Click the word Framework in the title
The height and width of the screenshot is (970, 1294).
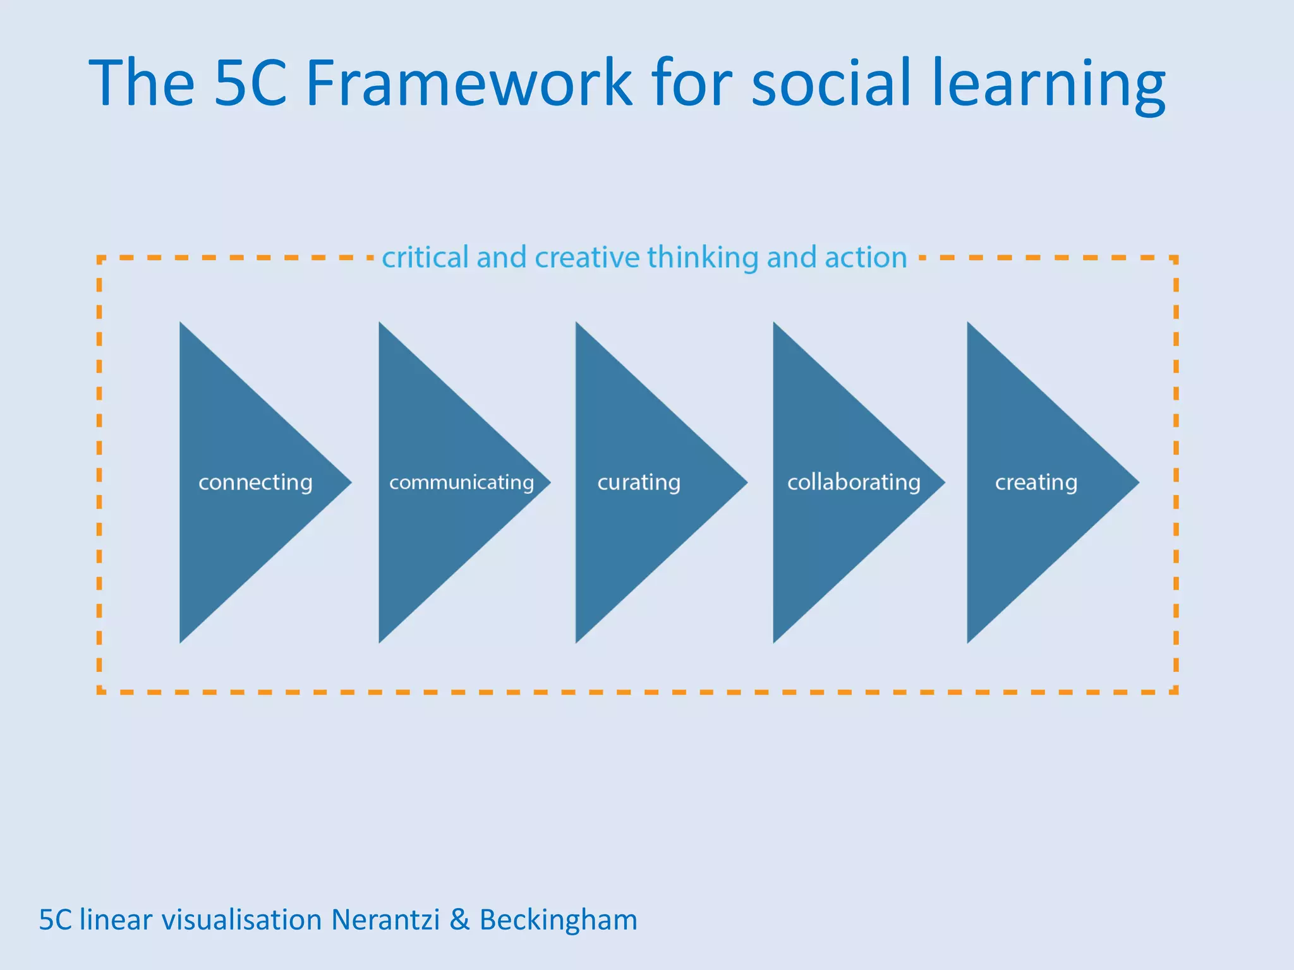468,83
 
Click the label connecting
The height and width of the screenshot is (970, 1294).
255,482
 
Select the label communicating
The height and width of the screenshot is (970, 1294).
461,482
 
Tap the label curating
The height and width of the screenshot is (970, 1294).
639,482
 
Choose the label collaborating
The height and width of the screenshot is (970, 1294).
854,482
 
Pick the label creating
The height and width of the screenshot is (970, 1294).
1036,482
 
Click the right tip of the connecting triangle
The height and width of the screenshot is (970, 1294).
349,482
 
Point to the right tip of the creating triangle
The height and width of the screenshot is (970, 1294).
1137,482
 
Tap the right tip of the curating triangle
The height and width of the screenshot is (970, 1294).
746,482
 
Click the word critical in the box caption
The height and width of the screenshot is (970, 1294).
425,257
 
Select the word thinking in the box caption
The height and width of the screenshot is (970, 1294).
703,258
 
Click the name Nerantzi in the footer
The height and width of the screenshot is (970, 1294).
385,919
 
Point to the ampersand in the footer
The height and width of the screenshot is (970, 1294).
459,919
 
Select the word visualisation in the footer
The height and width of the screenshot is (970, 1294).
242,919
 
